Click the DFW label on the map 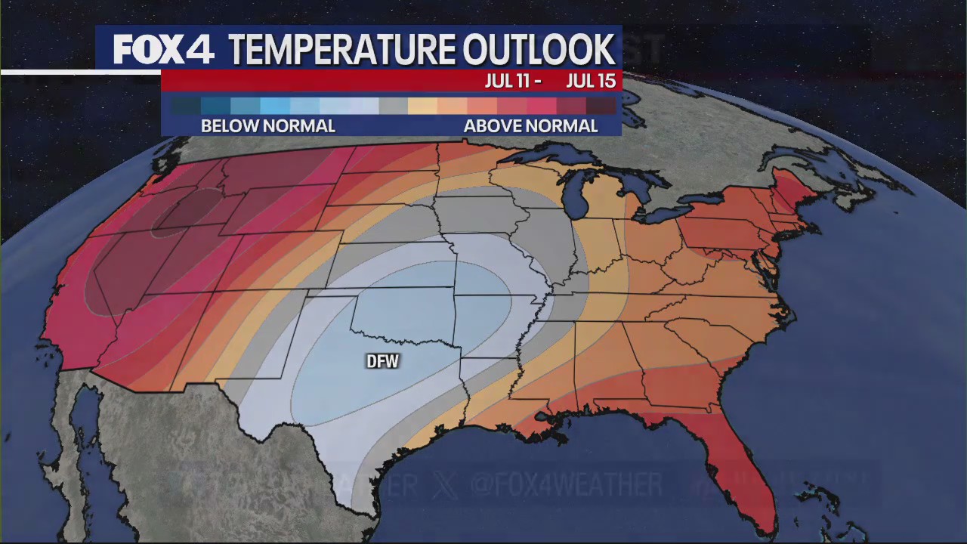(x=382, y=362)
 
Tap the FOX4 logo (x=163, y=50)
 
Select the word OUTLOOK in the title (x=538, y=50)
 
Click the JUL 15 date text (x=591, y=82)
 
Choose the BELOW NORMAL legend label (x=267, y=126)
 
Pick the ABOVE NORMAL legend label (x=530, y=126)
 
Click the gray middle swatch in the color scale (x=393, y=106)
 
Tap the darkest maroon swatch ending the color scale (x=602, y=106)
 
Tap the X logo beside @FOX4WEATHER (x=446, y=484)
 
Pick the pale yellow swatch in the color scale (x=422, y=106)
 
